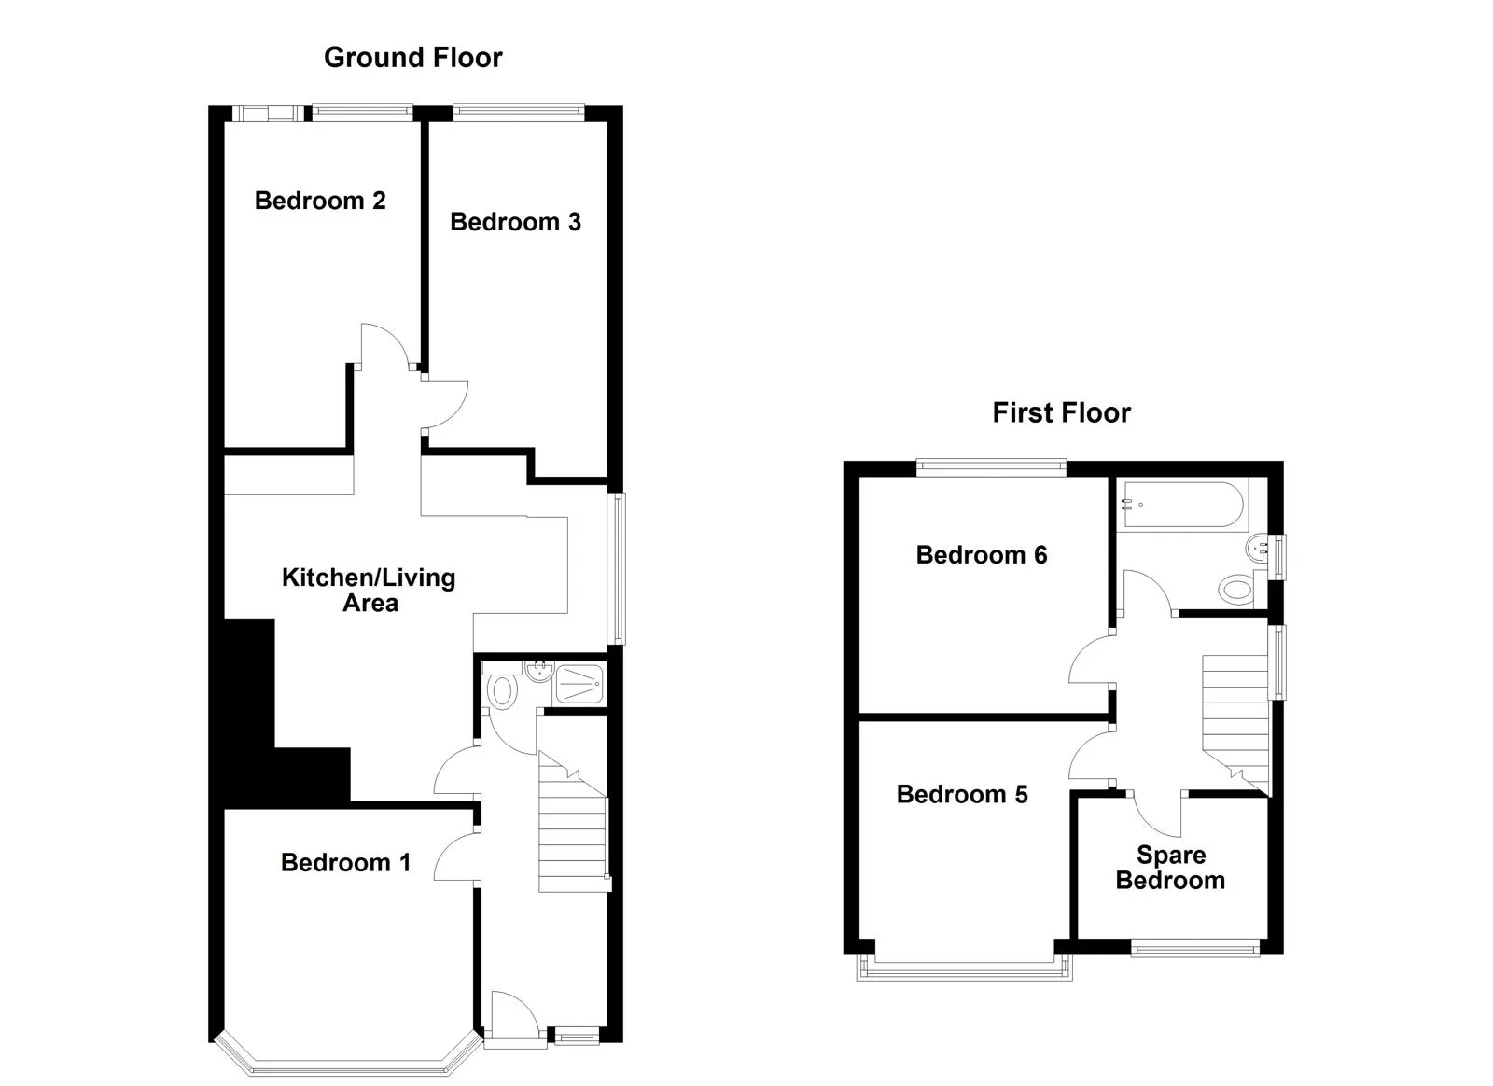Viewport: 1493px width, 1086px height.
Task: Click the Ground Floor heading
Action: (413, 58)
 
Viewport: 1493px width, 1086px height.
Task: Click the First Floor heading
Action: (1062, 413)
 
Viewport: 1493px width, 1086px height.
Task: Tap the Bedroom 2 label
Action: (321, 201)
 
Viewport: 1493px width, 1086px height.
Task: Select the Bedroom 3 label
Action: (516, 222)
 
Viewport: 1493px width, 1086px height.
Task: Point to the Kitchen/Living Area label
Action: (370, 591)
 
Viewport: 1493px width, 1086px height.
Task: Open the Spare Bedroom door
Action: (1157, 814)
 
